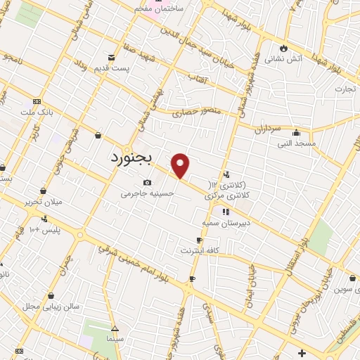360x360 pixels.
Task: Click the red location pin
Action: point(181,165)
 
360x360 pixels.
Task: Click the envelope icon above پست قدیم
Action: point(110,57)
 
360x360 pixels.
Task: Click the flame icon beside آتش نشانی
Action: point(283,48)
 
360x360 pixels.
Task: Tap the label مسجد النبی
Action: point(296,143)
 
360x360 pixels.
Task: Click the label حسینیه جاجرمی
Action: point(147,193)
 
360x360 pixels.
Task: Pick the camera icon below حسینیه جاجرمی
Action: point(147,183)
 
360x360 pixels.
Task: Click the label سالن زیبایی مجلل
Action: point(51,306)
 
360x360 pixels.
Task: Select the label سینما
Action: point(115,340)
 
